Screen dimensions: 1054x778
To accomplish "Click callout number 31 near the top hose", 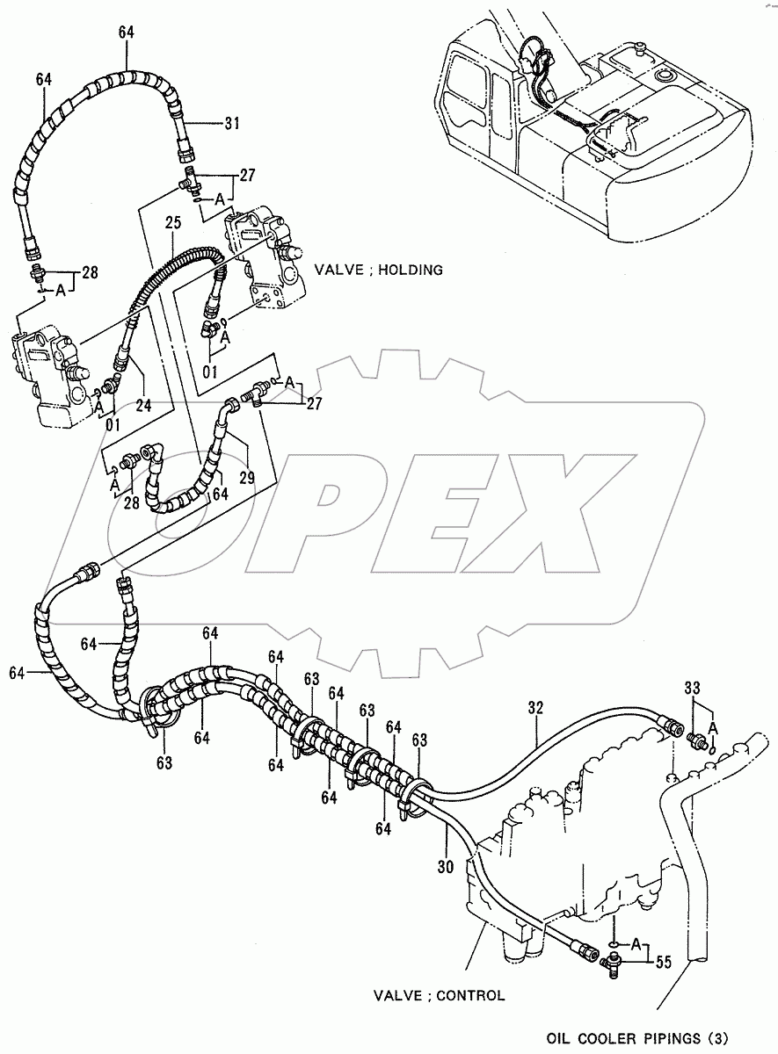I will point(231,123).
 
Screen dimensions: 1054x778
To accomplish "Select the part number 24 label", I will point(143,406).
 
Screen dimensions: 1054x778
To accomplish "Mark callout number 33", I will point(692,687).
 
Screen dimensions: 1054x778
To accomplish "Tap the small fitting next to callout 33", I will point(701,741).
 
